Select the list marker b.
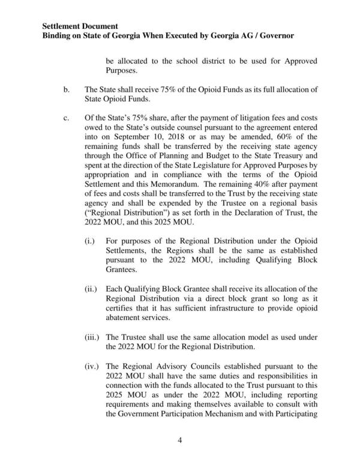pyautogui.click(x=67, y=90)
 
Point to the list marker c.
pyautogui.click(x=67, y=118)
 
